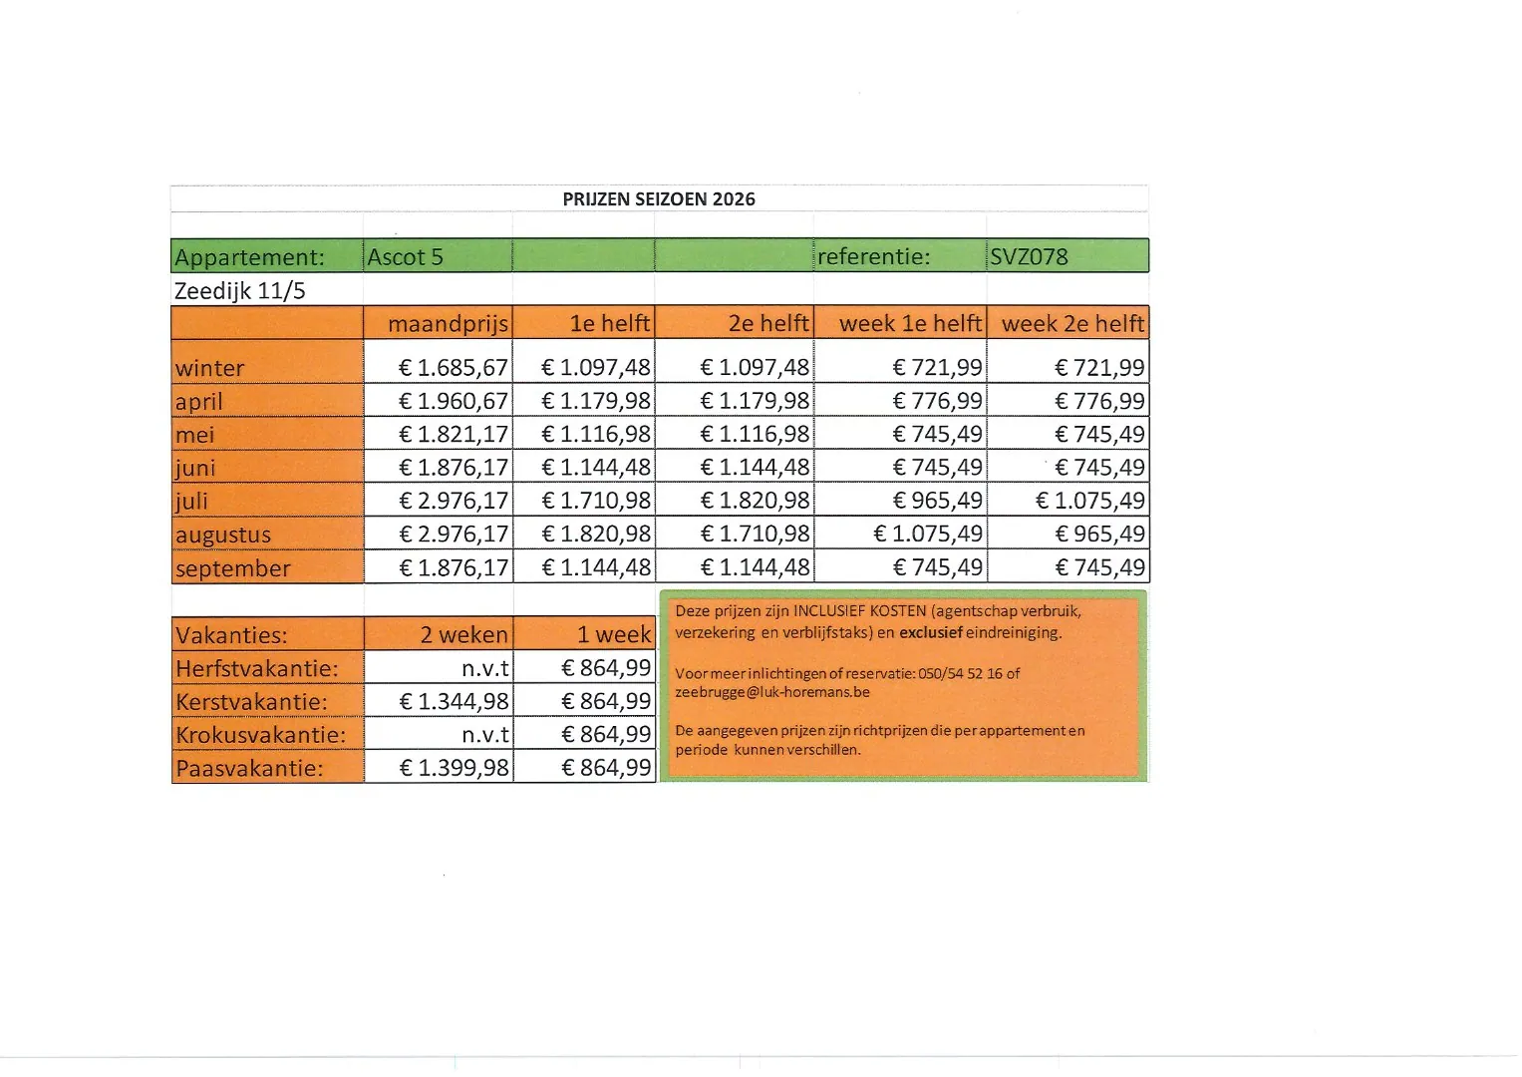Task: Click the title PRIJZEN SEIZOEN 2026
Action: [x=659, y=198]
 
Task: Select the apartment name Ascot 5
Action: [x=405, y=257]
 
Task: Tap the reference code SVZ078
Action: [x=1029, y=257]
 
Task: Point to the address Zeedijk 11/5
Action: [x=239, y=291]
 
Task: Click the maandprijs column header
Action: [x=448, y=324]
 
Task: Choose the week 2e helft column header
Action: [x=1072, y=324]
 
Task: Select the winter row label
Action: [x=209, y=368]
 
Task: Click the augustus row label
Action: [x=223, y=535]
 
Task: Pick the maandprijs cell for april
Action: [x=454, y=401]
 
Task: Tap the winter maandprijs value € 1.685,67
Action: [x=454, y=368]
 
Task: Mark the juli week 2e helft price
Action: [x=1090, y=501]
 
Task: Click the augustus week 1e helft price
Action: [x=928, y=534]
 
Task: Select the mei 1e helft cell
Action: [x=596, y=434]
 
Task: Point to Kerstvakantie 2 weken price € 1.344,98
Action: [x=454, y=701]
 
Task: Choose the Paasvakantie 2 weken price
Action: [x=454, y=768]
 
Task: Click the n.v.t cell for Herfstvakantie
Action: [x=485, y=668]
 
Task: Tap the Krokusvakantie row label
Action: [x=260, y=735]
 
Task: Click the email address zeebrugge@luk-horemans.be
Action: [x=772, y=692]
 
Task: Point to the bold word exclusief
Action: [x=930, y=632]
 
